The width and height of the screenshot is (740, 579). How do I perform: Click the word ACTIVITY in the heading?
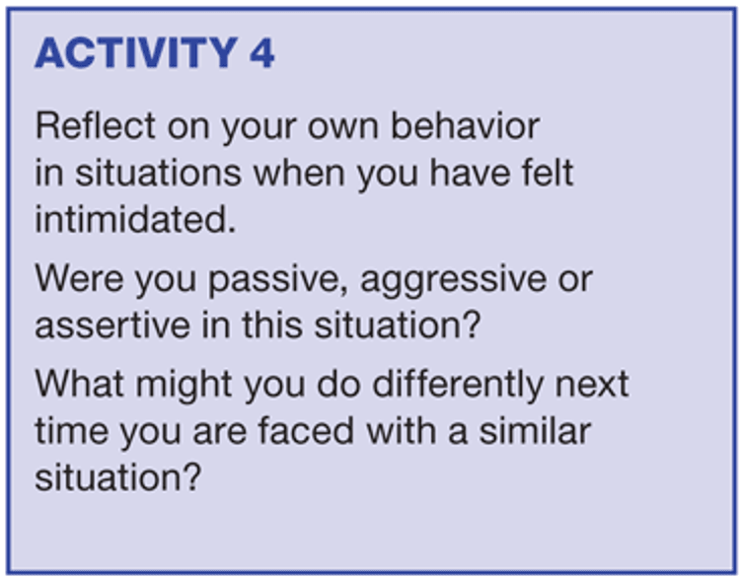(x=136, y=53)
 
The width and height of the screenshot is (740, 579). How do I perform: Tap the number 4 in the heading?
(x=261, y=53)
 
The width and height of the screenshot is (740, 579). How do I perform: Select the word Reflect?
(x=96, y=126)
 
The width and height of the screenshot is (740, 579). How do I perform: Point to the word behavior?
(x=466, y=126)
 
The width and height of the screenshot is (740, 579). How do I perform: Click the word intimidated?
(x=135, y=219)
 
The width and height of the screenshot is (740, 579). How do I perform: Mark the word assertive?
(x=112, y=326)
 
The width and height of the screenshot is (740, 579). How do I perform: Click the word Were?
(x=80, y=278)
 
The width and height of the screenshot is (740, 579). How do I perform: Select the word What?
(x=80, y=384)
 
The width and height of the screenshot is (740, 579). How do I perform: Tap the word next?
(x=592, y=385)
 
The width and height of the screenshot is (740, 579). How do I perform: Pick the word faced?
(x=306, y=431)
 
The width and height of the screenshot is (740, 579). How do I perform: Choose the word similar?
(x=535, y=431)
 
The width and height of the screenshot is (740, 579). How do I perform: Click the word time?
(x=72, y=431)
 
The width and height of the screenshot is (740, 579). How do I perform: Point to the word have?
(x=470, y=173)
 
